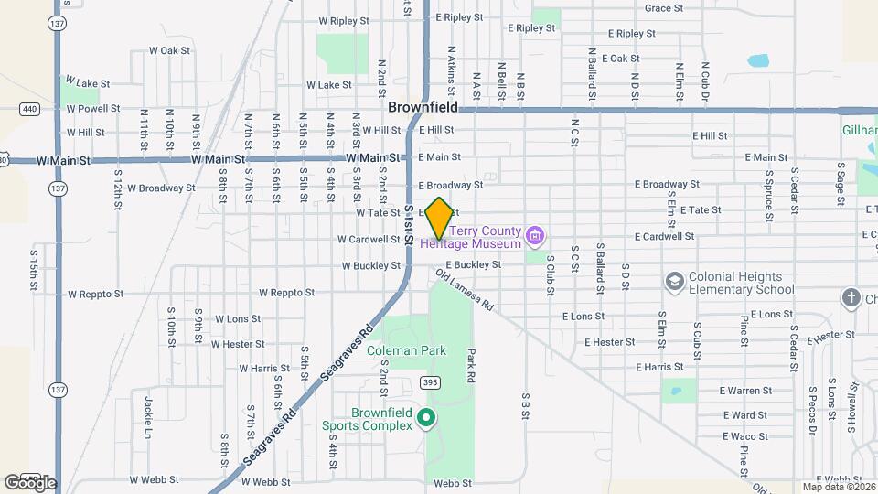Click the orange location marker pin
coord(439,218)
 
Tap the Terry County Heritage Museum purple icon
coord(535,237)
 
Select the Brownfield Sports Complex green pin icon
coord(424,419)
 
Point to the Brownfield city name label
coord(423,107)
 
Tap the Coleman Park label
coord(406,350)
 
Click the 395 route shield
coord(429,381)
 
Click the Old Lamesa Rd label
coord(465,289)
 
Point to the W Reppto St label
coord(286,294)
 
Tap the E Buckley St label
coord(474,265)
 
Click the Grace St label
coord(664,8)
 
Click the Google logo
coord(30,482)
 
